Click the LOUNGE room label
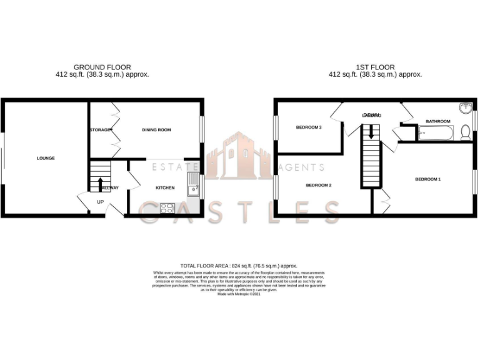46,158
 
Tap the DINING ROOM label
156,130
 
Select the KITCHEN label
165,187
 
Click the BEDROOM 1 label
428,179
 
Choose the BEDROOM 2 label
318,185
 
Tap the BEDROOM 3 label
309,127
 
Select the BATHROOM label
437,121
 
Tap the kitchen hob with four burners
167,208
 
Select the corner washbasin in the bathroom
466,108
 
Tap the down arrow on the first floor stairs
371,132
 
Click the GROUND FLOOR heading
102,67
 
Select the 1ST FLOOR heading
375,67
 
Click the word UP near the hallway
100,202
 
